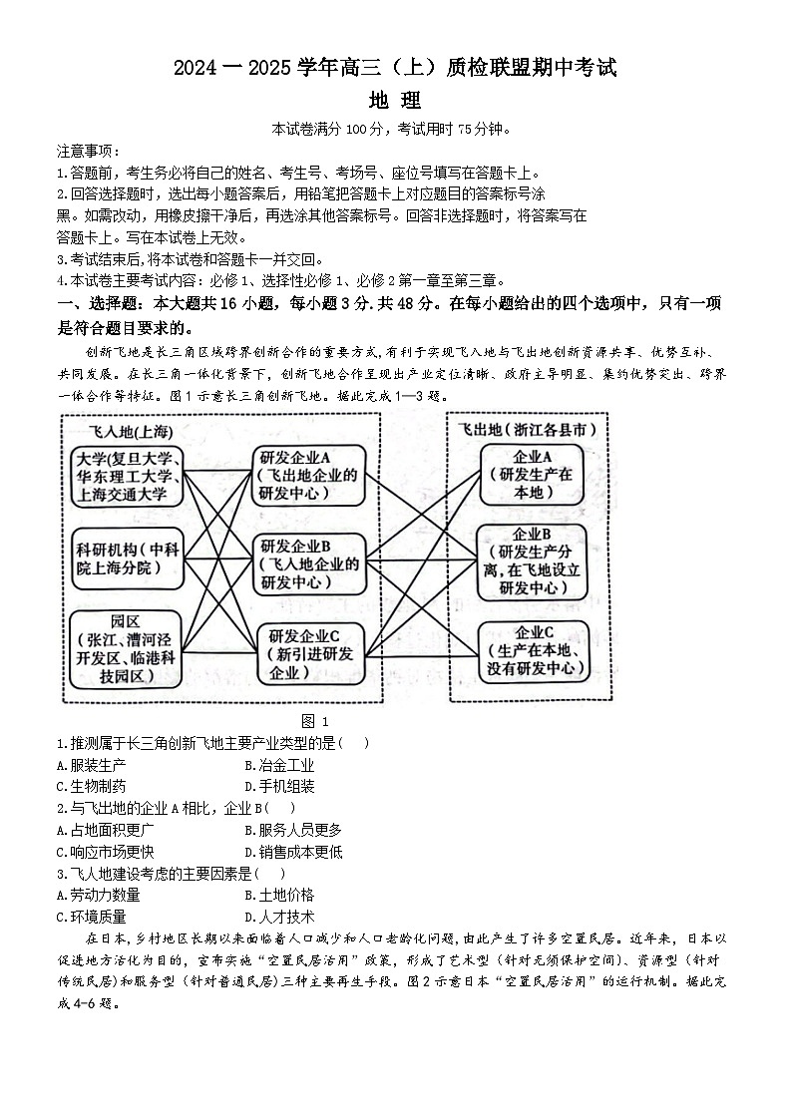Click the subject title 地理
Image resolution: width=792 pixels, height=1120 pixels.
tap(395, 101)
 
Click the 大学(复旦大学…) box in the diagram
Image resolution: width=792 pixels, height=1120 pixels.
tap(127, 477)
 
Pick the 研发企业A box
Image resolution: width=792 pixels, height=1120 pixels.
tap(309, 475)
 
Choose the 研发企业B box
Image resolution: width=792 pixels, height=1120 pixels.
tap(309, 562)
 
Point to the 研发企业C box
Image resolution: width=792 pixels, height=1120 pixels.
tap(309, 652)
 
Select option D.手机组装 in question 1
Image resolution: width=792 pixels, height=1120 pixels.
tap(279, 786)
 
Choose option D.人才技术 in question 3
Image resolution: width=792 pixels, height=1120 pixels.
tap(279, 917)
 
